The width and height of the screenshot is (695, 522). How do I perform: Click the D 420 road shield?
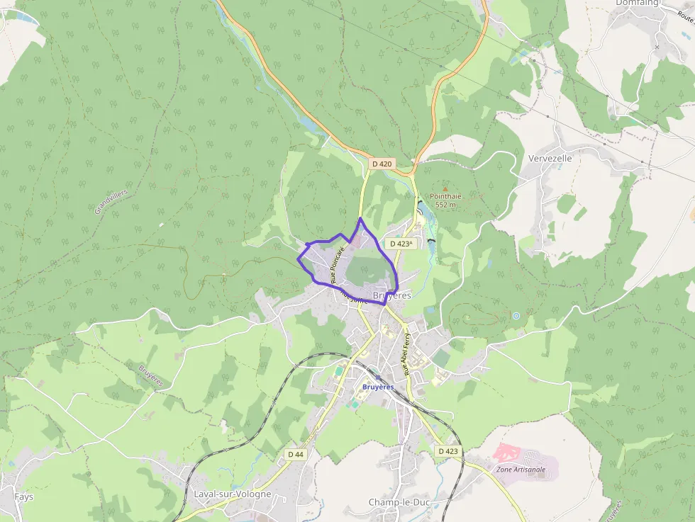click(x=382, y=164)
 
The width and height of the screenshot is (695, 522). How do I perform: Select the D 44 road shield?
click(x=296, y=454)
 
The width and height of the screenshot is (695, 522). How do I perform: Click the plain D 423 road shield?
click(x=448, y=451)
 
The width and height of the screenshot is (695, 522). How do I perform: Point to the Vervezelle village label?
click(x=550, y=159)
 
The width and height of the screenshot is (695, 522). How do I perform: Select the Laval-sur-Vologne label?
click(x=232, y=494)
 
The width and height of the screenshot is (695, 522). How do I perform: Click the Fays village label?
click(x=23, y=497)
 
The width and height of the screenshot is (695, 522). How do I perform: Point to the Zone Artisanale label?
click(x=521, y=469)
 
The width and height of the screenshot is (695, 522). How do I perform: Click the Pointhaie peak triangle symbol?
click(x=445, y=188)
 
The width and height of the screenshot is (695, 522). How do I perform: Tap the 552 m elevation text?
click(x=445, y=205)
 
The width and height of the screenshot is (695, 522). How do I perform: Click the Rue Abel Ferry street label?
click(x=406, y=354)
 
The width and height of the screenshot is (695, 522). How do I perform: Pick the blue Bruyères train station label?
click(x=377, y=387)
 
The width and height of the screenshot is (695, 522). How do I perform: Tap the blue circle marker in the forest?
click(x=516, y=315)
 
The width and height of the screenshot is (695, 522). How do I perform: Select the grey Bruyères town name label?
click(x=391, y=295)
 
